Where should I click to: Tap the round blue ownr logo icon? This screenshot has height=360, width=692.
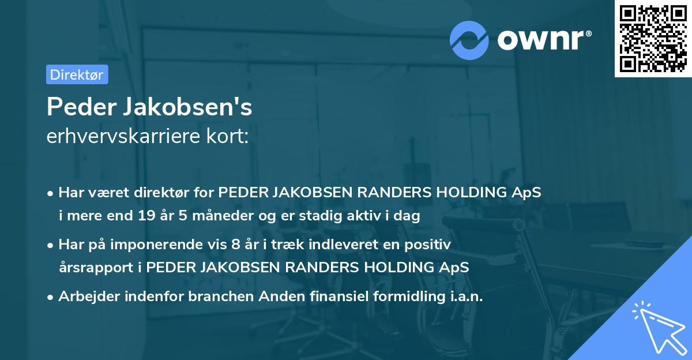pyautogui.click(x=469, y=40)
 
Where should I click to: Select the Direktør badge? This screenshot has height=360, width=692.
pyautogui.click(x=77, y=74)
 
